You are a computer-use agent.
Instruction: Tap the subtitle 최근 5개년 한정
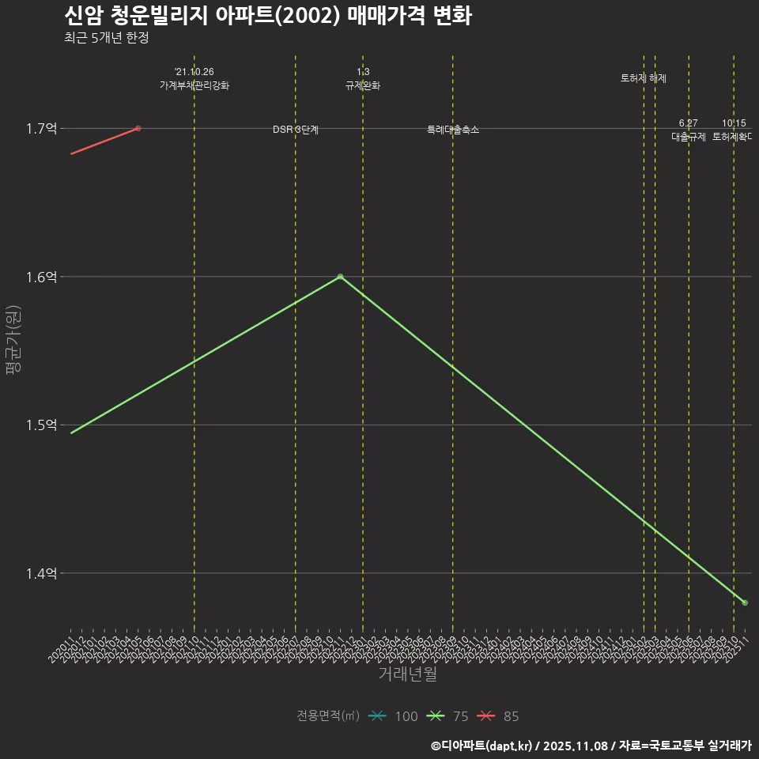point(106,37)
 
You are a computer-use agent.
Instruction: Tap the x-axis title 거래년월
point(407,674)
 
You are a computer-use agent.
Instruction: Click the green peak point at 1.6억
point(340,277)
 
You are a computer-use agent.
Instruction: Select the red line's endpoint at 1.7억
point(138,128)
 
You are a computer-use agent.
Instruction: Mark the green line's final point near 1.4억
point(745,602)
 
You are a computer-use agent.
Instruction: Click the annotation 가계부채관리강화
point(194,85)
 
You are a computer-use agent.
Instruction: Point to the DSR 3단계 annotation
point(296,129)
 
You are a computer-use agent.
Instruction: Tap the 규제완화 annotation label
point(363,85)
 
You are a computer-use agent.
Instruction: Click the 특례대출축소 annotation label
point(453,129)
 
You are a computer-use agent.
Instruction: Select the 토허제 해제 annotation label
point(644,78)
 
